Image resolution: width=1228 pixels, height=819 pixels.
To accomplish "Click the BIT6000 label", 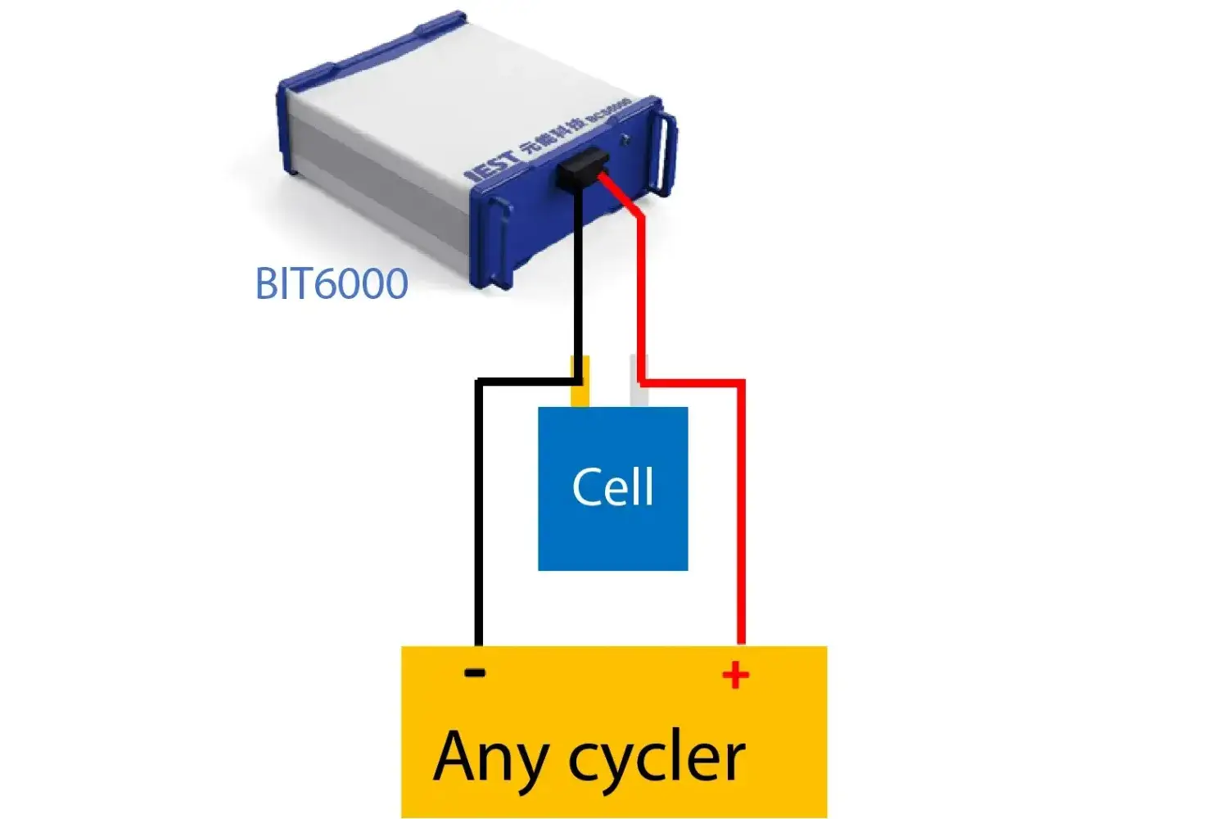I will pyautogui.click(x=332, y=283).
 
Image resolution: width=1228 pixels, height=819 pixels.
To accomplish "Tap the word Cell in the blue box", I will pyautogui.click(x=612, y=487).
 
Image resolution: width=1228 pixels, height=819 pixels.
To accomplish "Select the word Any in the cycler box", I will pyautogui.click(x=490, y=758).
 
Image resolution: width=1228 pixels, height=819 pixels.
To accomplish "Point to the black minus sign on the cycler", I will pyautogui.click(x=475, y=672).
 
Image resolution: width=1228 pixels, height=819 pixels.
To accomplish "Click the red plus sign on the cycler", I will pyautogui.click(x=735, y=675).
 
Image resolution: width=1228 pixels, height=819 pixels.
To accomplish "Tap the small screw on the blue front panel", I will pyautogui.click(x=626, y=139).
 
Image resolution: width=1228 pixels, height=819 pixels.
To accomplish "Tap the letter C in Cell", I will pyautogui.click(x=586, y=487).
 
